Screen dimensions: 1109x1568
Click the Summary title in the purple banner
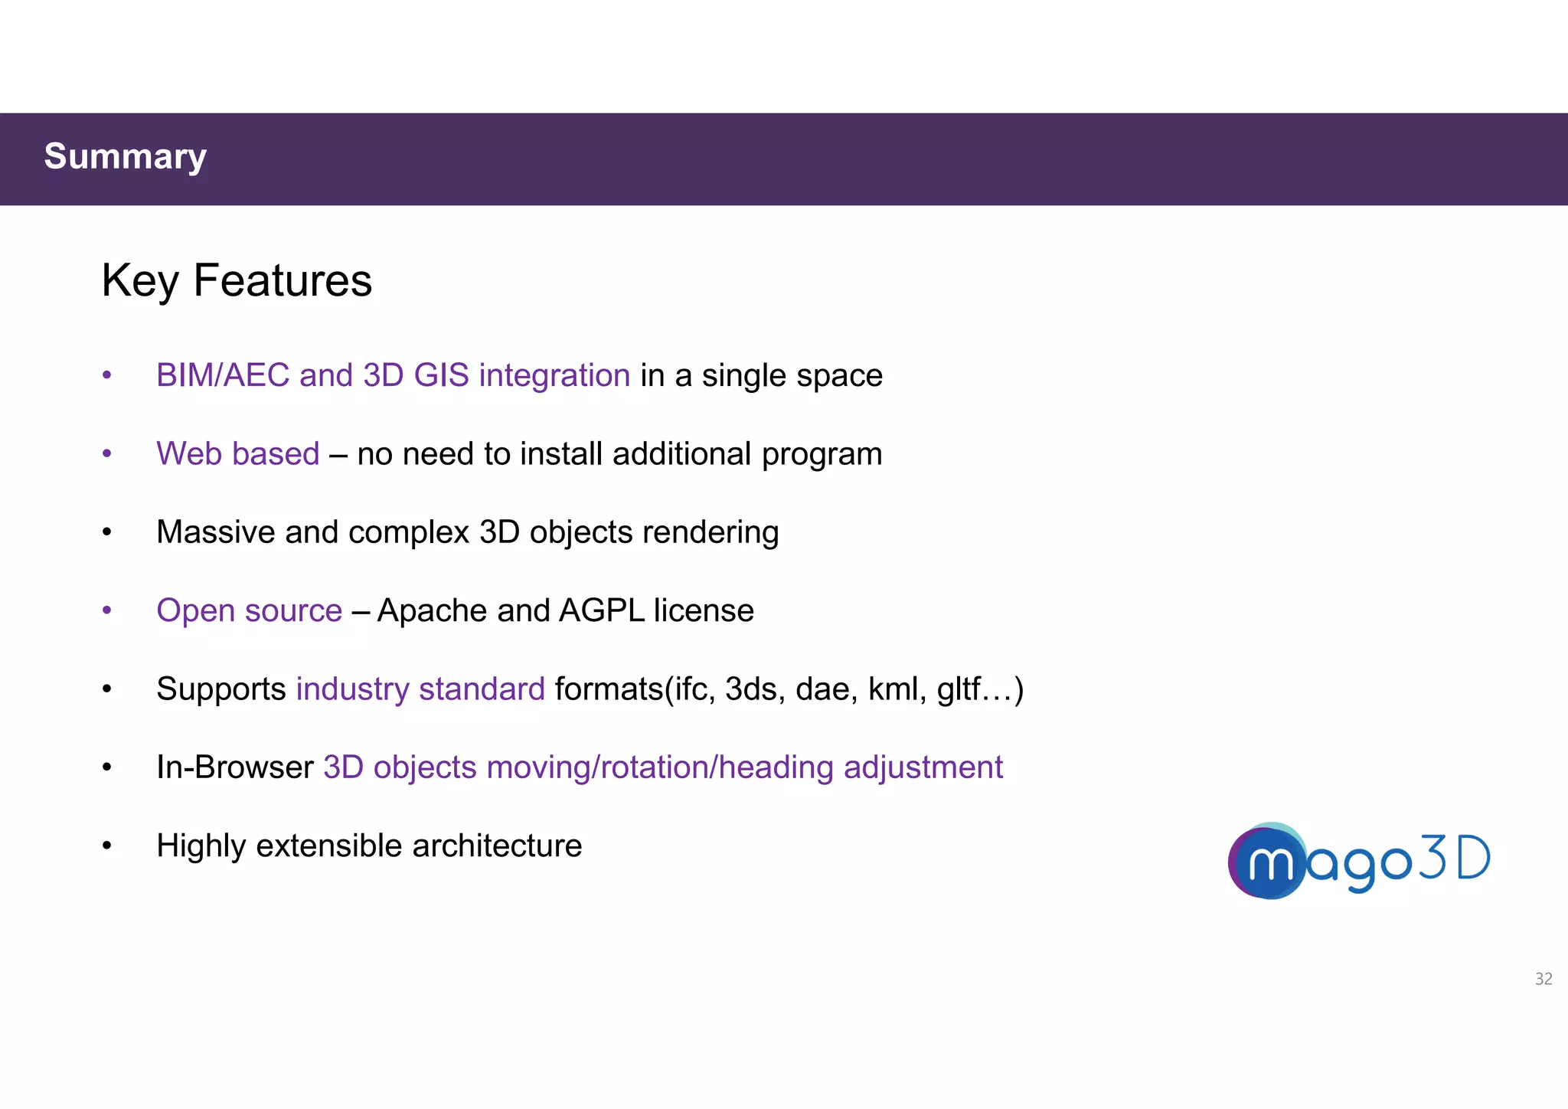(125, 157)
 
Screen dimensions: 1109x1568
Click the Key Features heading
(237, 280)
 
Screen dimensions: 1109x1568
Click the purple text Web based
(237, 453)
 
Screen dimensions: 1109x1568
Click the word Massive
(215, 532)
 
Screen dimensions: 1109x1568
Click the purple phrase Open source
(249, 610)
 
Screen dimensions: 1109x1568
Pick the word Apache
(432, 610)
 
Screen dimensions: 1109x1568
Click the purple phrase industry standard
(420, 689)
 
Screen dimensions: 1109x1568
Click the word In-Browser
(234, 767)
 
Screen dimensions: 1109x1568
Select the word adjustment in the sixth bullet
(923, 767)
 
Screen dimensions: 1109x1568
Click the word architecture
(497, 846)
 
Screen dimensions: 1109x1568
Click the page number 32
(1543, 979)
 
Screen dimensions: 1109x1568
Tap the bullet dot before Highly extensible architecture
(107, 846)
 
